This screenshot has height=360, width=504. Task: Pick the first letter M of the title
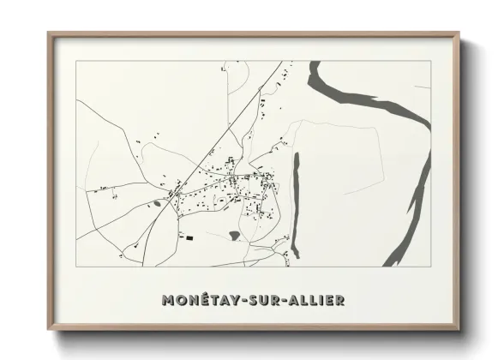click(x=167, y=300)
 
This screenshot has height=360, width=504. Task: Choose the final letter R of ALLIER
click(x=341, y=300)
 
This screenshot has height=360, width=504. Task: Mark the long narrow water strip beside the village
click(x=296, y=206)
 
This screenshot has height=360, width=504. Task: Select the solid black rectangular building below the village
click(x=190, y=237)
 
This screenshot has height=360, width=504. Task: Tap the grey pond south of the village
click(x=235, y=233)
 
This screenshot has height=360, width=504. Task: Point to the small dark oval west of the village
click(x=158, y=203)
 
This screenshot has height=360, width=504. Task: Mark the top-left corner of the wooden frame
click(x=50, y=34)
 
